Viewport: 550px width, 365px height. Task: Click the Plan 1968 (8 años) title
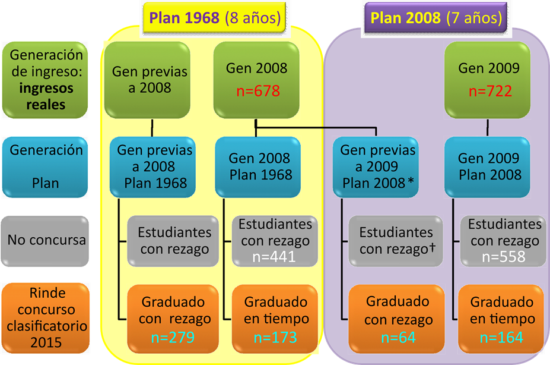pyautogui.click(x=215, y=18)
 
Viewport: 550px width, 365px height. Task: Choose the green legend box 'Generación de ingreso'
pyautogui.click(x=46, y=80)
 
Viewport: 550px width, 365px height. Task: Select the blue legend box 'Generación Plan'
pyautogui.click(x=46, y=166)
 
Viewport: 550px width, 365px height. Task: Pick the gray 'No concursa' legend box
pyautogui.click(x=46, y=240)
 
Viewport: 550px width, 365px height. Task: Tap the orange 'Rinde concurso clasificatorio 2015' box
pyautogui.click(x=46, y=318)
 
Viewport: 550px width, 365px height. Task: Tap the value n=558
pyautogui.click(x=504, y=256)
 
